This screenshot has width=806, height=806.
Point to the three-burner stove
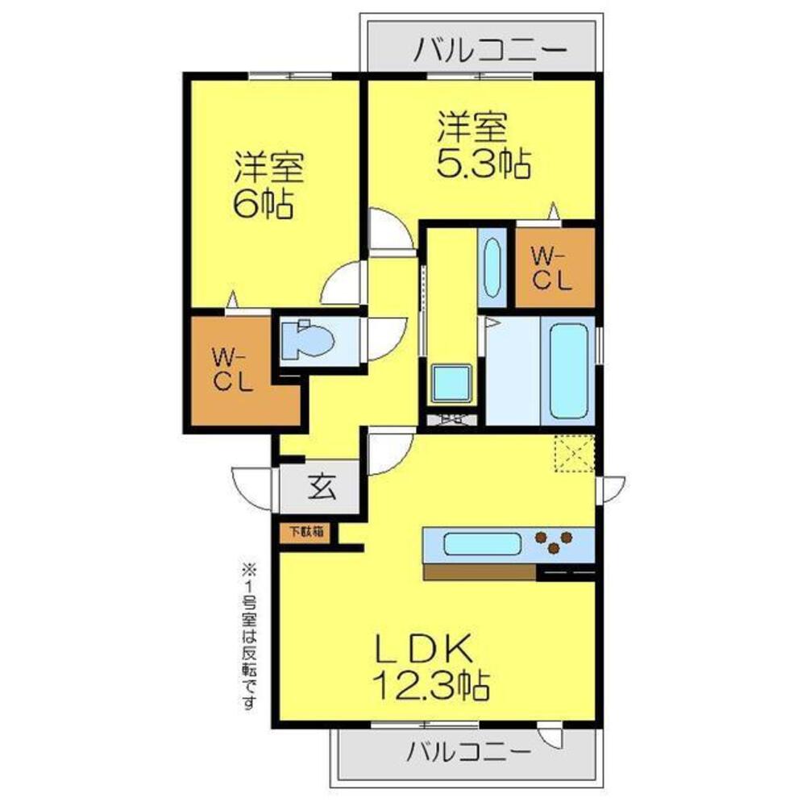555,542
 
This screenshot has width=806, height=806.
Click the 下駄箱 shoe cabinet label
307,532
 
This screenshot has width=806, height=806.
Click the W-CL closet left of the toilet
233,369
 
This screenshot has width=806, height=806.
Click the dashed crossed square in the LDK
574,453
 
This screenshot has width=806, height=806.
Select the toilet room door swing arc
379,339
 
